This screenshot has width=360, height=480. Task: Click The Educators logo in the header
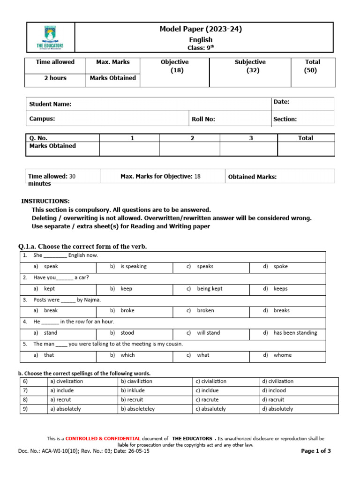tap(50, 37)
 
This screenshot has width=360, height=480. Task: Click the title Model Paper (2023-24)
tap(201, 29)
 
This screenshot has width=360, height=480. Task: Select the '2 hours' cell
tap(55, 78)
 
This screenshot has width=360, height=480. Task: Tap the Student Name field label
tap(51, 104)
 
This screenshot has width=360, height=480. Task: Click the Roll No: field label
tap(203, 119)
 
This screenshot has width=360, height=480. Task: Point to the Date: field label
tap(281, 102)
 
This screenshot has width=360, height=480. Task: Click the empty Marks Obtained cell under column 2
tap(189, 149)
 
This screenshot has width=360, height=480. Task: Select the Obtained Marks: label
tap(252, 177)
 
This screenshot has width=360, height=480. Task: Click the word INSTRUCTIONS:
tap(45, 201)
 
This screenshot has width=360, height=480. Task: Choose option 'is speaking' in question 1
tap(133, 266)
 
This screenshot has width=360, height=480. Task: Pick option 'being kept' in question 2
tap(210, 289)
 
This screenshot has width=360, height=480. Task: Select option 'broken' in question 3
tap(206, 310)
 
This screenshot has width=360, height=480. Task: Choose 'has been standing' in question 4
tap(295, 333)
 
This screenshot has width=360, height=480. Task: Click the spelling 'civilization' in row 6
tap(281, 382)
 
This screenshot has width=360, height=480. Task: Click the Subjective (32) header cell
tap(250, 66)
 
